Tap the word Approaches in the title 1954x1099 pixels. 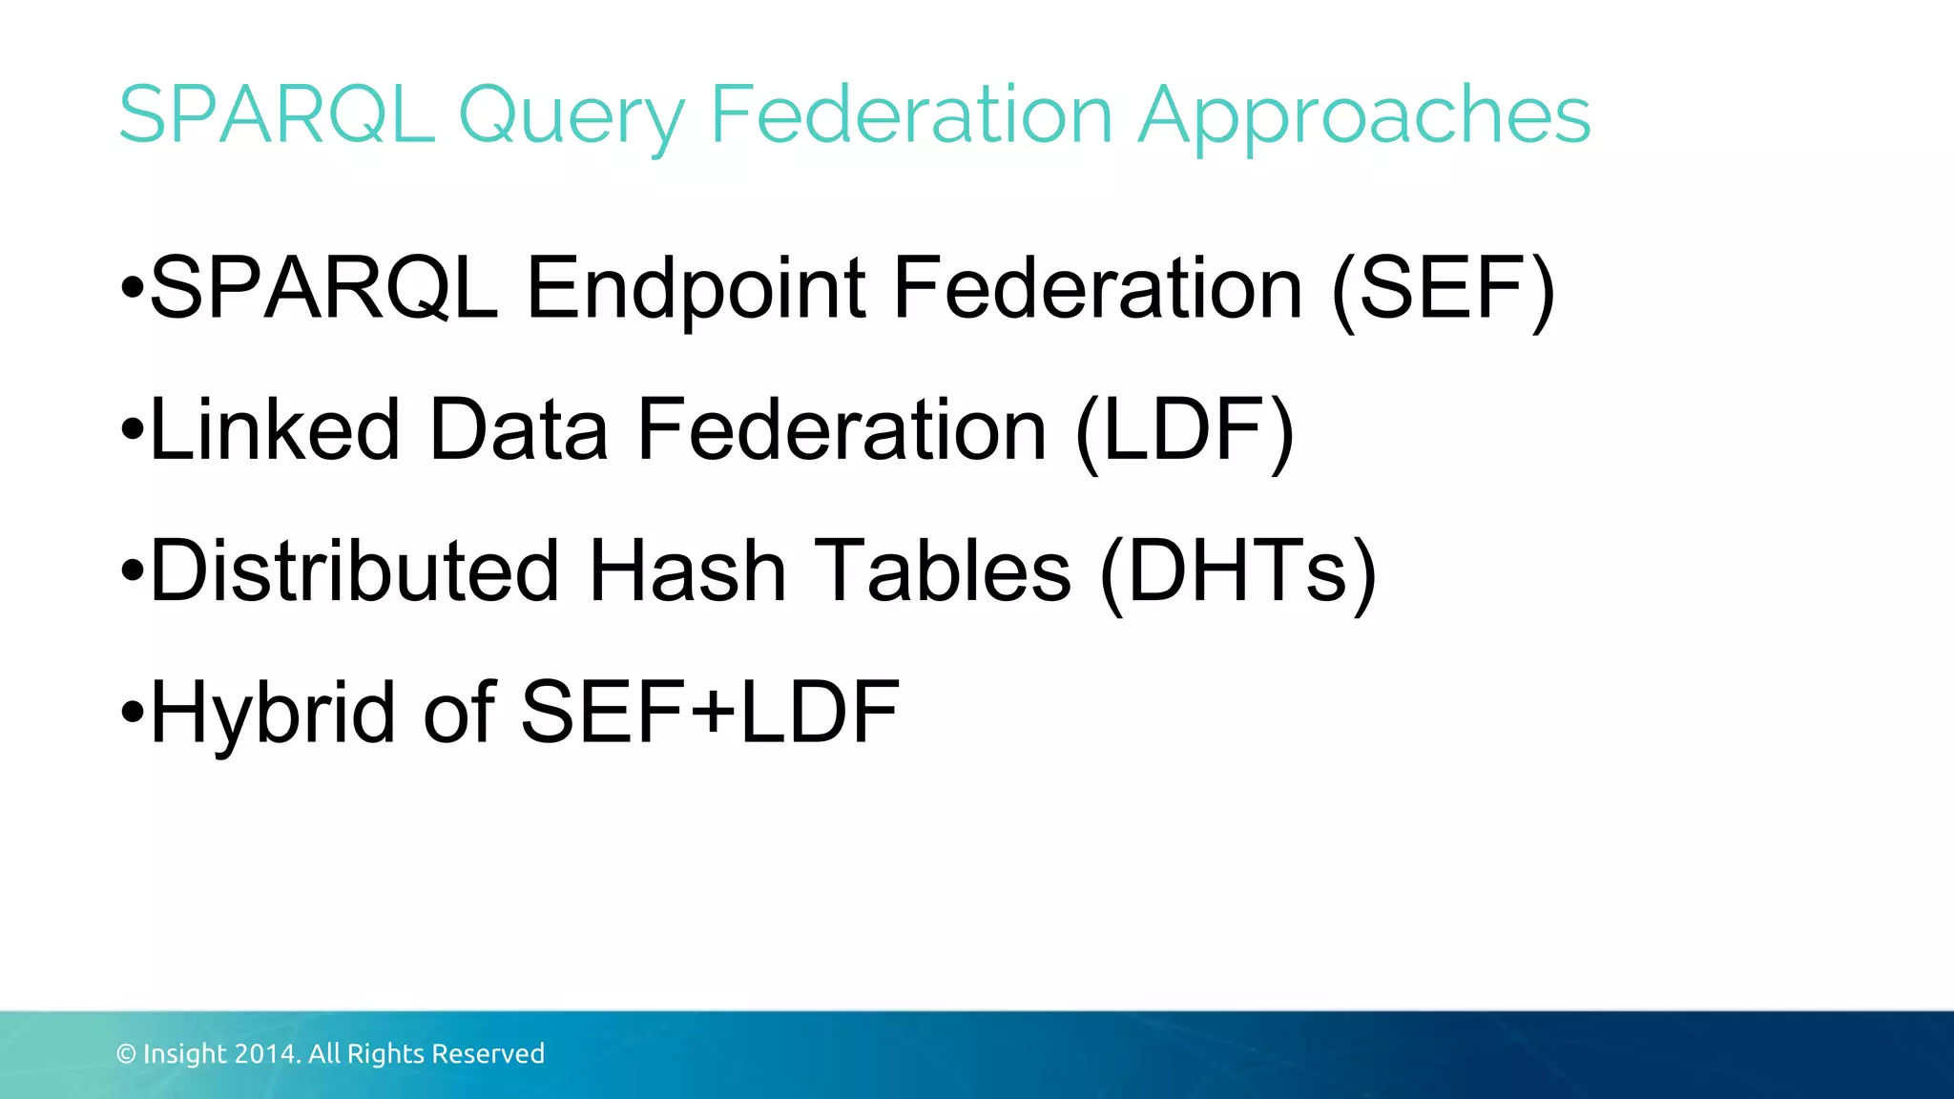(x=1364, y=116)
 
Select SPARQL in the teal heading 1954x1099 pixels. (x=277, y=114)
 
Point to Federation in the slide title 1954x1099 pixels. (x=912, y=114)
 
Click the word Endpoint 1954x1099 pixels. (x=696, y=288)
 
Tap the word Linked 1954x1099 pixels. (x=275, y=430)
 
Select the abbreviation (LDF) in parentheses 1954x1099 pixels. (x=1184, y=430)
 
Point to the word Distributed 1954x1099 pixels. (x=354, y=571)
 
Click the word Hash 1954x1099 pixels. (x=687, y=571)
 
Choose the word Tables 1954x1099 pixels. (x=944, y=571)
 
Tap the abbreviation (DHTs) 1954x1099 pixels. (x=1237, y=571)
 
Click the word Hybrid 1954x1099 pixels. (x=272, y=713)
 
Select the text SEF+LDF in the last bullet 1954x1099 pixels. (x=710, y=713)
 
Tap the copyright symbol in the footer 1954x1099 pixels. (x=126, y=1054)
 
